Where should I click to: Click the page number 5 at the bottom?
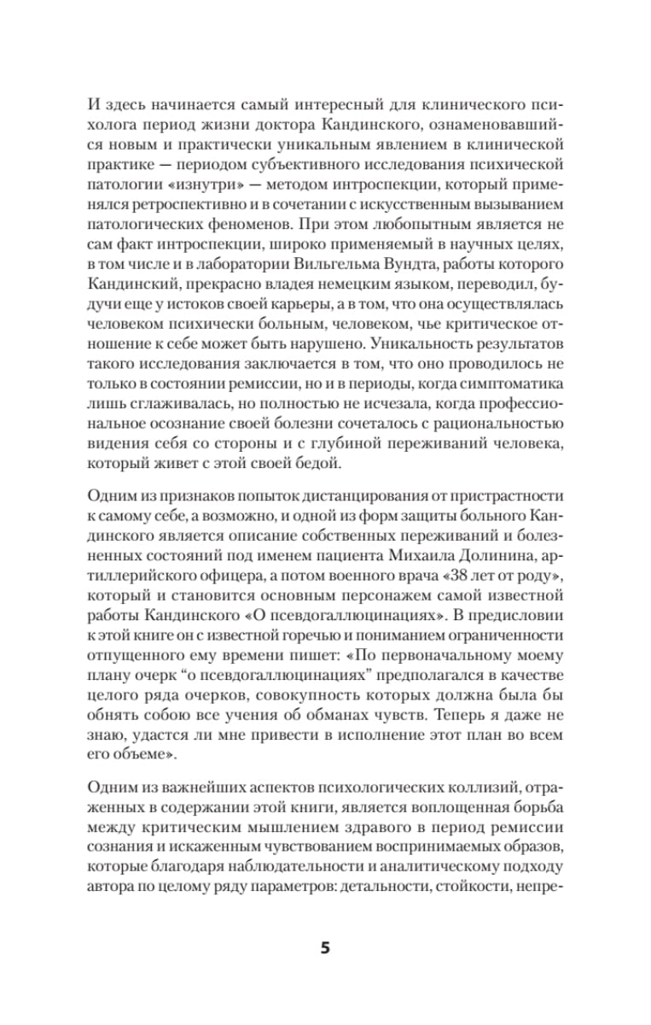point(325,949)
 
